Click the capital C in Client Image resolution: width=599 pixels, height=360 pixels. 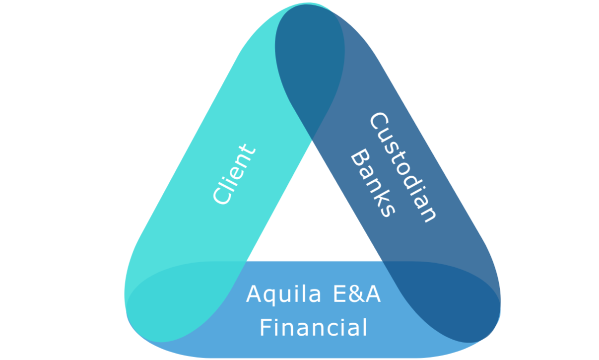coord(222,196)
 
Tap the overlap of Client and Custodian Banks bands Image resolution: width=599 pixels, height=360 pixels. coord(311,65)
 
